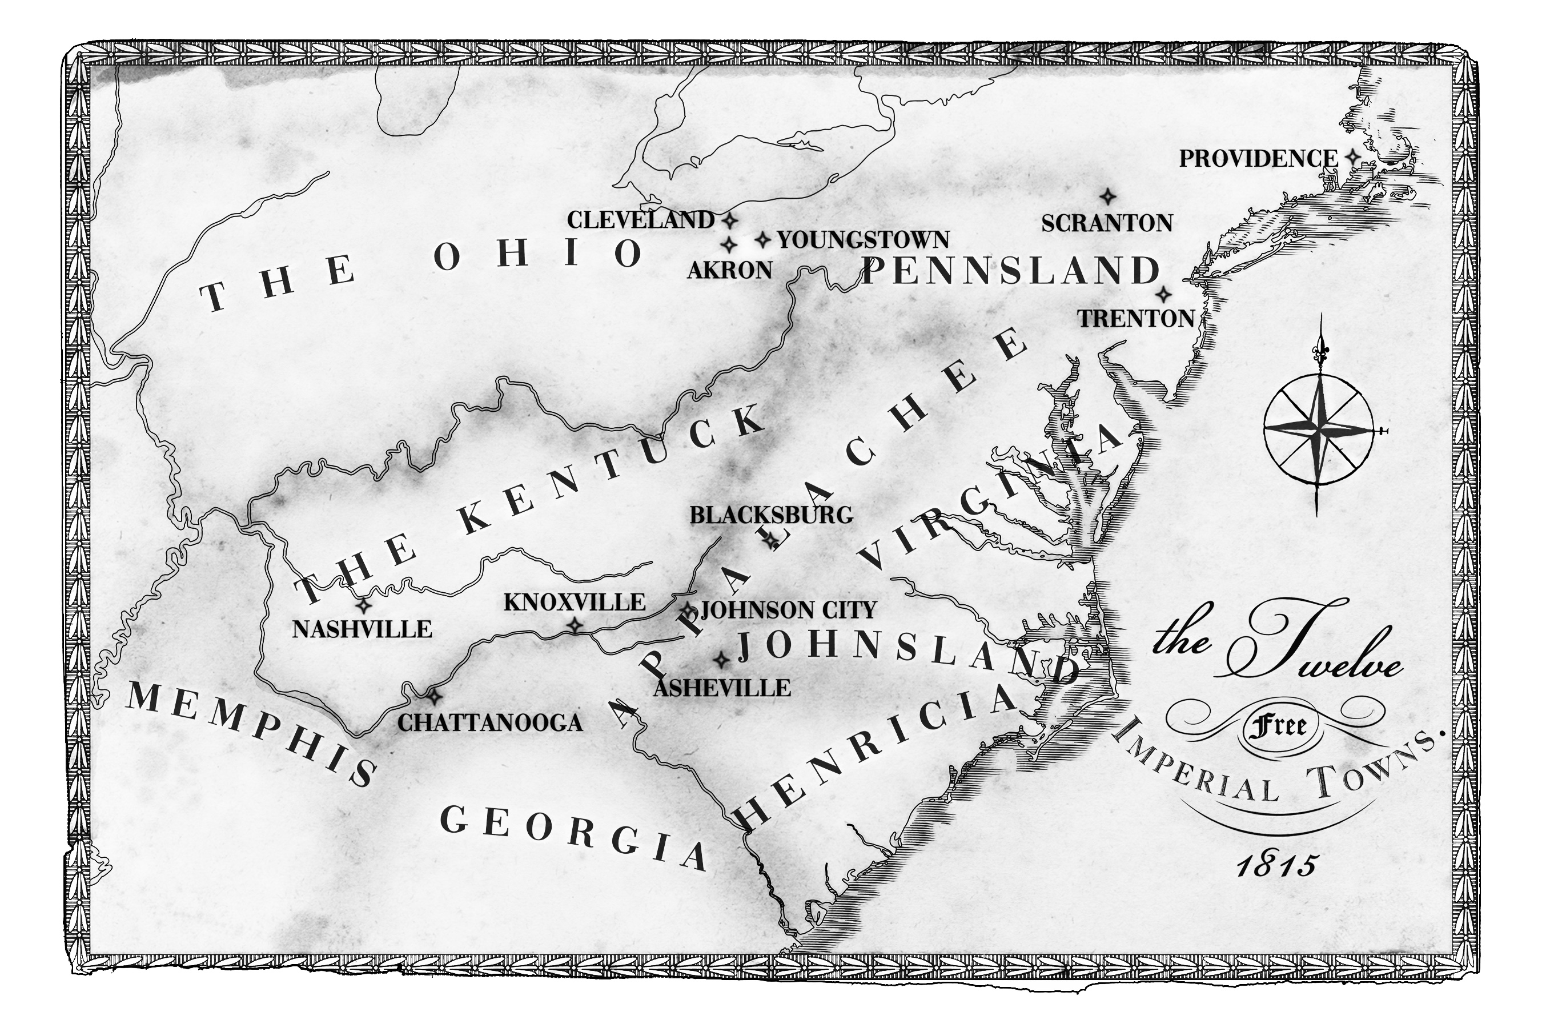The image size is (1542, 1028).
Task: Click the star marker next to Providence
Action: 1352,158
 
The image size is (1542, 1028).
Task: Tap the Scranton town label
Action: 1107,223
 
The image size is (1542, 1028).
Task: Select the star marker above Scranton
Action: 1107,196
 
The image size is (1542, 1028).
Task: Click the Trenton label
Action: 1136,319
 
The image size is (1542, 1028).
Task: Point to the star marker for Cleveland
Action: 729,220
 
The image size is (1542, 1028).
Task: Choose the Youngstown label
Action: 863,240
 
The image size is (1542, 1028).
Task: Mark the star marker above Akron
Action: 729,245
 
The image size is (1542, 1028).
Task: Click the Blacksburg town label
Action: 771,515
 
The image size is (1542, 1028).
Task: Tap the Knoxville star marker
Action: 575,625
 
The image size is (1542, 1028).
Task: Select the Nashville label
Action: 362,629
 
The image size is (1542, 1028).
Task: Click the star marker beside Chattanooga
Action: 433,696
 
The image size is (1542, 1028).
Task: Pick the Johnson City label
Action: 788,611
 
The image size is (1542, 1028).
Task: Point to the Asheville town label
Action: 722,688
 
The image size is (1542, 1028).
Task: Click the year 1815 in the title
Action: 1276,866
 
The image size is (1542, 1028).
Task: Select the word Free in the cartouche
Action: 1279,726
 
